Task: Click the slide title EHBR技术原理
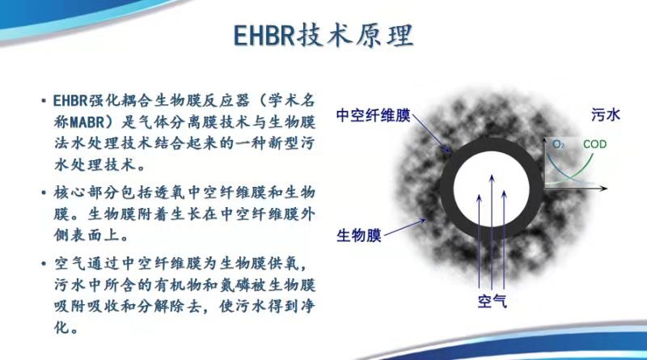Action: (323, 36)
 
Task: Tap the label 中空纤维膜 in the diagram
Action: (373, 116)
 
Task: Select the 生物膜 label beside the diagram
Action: (358, 235)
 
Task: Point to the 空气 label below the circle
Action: (493, 302)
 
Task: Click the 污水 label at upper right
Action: (606, 115)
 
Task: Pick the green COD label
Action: (594, 144)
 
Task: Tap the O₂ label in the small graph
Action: (558, 144)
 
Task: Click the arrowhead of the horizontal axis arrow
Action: (604, 188)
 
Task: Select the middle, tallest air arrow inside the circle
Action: (492, 231)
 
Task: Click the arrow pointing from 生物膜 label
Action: (405, 228)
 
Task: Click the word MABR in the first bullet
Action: (87, 122)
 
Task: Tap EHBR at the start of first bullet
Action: (70, 100)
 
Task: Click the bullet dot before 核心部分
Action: (44, 193)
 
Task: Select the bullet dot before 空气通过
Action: (44, 264)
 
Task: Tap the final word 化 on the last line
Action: (61, 328)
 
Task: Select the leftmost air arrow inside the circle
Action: (479, 241)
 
